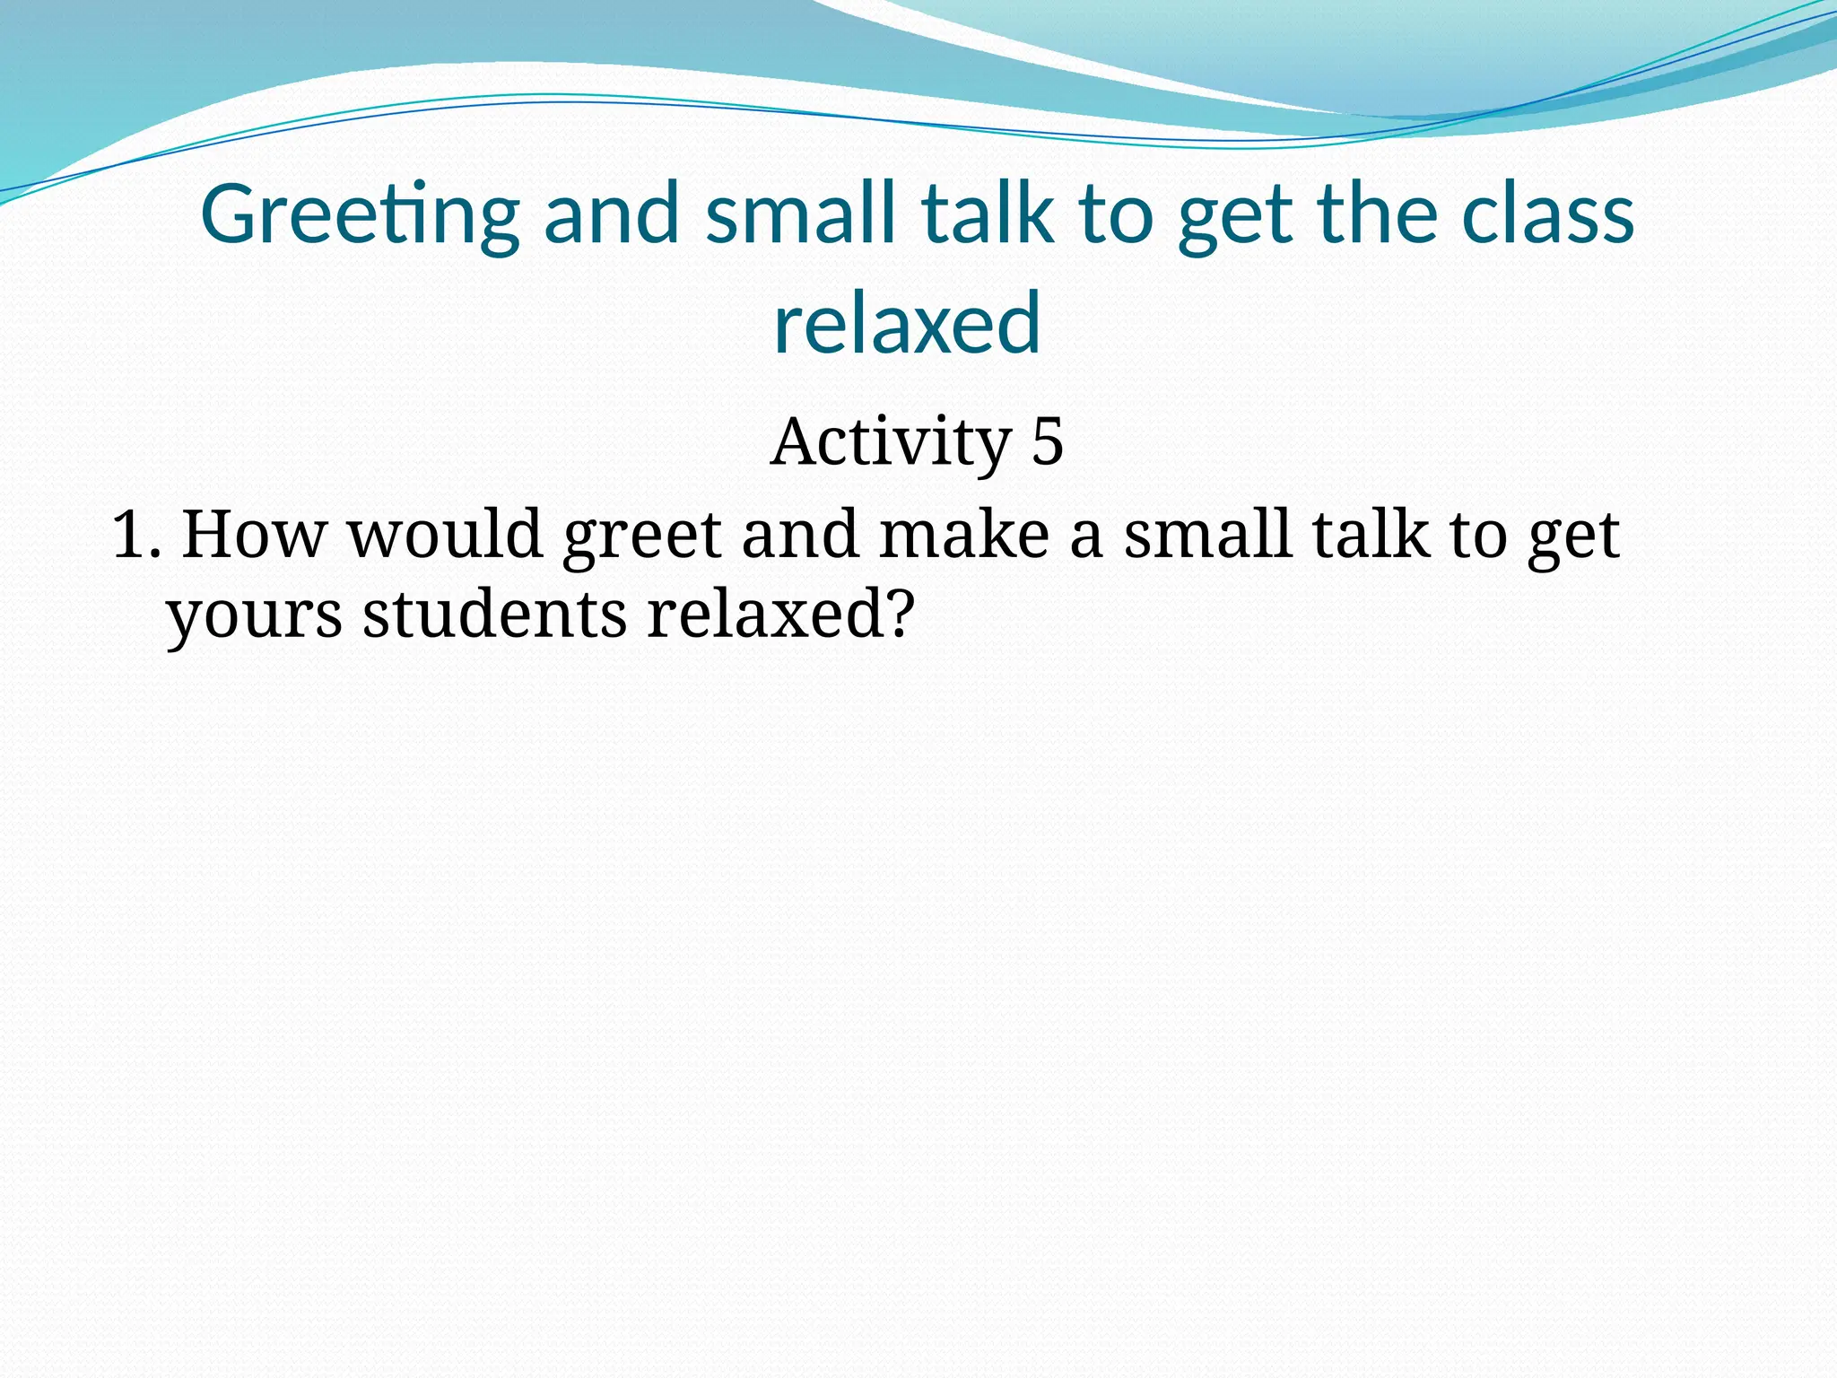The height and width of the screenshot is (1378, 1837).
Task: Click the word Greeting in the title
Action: coord(359,216)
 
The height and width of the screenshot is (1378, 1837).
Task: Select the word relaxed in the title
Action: coord(907,323)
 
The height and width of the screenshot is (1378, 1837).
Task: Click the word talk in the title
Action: coord(988,216)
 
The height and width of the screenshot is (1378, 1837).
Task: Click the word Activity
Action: coord(890,442)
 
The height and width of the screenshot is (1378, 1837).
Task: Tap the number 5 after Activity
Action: coord(1047,442)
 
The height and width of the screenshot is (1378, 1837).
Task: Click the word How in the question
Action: coord(254,535)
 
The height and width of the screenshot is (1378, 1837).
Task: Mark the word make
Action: coord(963,535)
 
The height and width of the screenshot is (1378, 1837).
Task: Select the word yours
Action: coord(255,617)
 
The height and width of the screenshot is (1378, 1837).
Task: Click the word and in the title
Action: coord(613,216)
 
